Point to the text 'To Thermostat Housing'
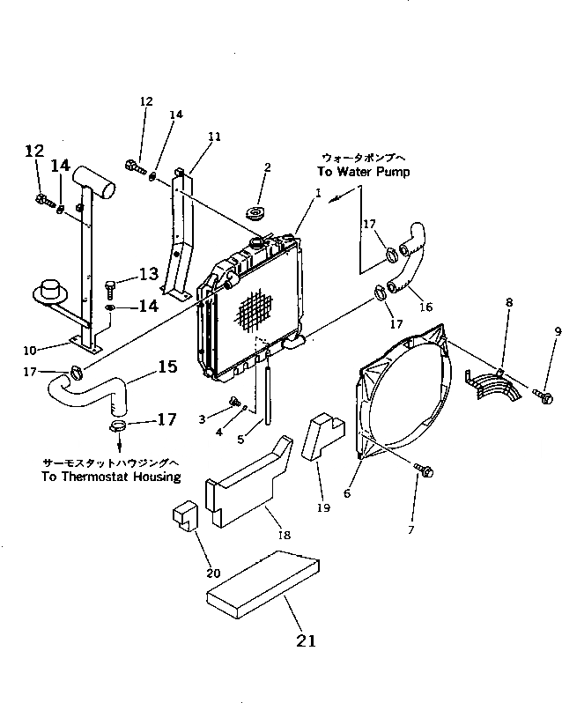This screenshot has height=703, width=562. [x=111, y=477]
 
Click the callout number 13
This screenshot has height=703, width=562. [x=147, y=274]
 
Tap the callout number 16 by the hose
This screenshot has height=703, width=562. [x=425, y=308]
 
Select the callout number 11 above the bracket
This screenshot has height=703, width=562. [x=215, y=137]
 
